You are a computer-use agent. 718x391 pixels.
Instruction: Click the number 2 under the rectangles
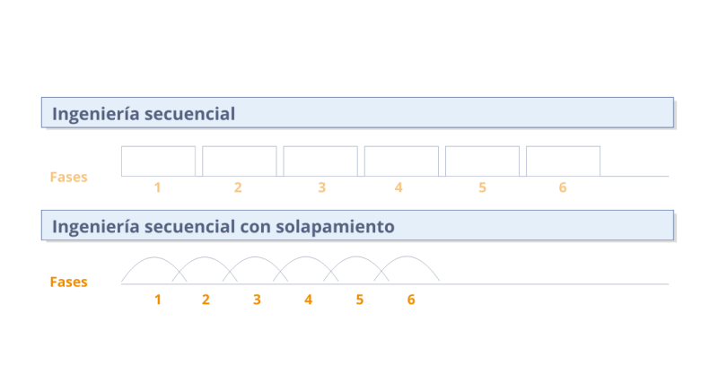pos(238,187)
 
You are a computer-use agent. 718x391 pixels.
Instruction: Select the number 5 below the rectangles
pos(482,187)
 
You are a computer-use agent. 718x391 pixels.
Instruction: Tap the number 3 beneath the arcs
pos(257,299)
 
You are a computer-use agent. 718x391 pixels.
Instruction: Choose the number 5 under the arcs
pos(360,299)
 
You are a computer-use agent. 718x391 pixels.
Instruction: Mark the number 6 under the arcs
pos(411,299)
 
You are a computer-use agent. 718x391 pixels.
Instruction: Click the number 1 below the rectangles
pos(157,187)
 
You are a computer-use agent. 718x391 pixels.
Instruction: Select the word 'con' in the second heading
pos(254,227)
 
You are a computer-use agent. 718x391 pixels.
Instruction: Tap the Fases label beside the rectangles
pos(69,178)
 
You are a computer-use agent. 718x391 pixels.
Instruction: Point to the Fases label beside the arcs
pos(69,282)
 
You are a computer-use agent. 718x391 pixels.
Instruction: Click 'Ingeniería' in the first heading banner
pos(92,115)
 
